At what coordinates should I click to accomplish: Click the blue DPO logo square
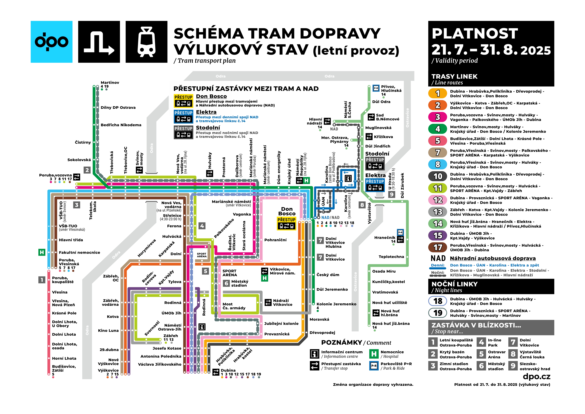[x=52, y=42]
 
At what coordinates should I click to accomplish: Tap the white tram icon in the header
[x=147, y=42]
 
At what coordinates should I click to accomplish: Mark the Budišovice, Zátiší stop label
[x=64, y=368]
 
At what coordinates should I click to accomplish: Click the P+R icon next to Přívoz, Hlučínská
[x=376, y=88]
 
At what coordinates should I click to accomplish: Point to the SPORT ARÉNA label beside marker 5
[x=230, y=273]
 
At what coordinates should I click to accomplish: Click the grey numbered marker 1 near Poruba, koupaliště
[x=42, y=280]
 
